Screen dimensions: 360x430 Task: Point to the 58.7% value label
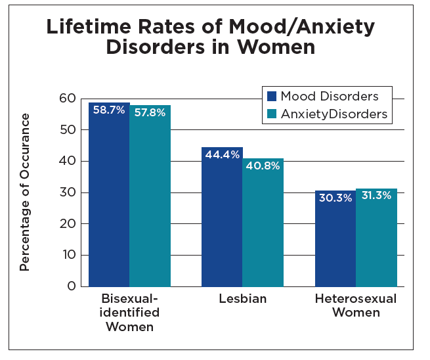109,110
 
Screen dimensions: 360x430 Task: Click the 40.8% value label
263,166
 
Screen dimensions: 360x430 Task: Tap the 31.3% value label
376,195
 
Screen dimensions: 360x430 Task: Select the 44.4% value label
221,154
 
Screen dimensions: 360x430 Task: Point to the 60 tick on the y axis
67,99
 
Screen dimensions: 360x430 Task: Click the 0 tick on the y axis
72,286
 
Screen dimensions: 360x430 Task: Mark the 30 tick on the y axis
67,192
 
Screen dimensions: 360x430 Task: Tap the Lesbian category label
243,300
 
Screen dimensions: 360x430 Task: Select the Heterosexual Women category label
356,305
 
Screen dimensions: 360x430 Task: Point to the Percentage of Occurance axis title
25,192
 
